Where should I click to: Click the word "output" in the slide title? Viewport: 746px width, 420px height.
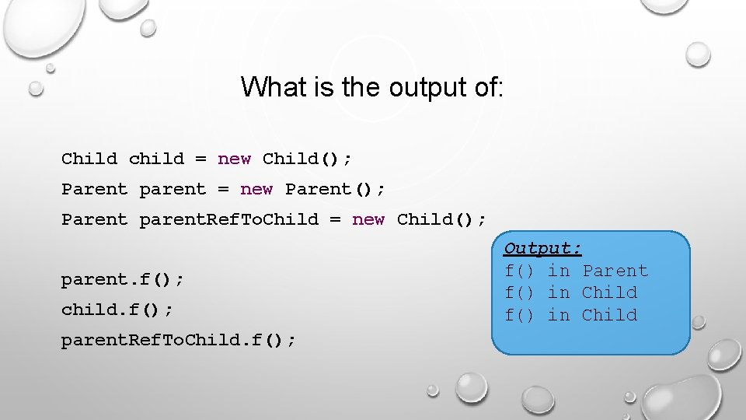419,86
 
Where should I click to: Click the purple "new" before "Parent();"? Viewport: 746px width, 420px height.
256,189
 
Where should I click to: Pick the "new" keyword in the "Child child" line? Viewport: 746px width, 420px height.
234,159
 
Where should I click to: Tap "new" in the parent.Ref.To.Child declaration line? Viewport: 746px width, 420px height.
368,219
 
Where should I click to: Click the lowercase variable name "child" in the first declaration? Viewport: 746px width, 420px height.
156,159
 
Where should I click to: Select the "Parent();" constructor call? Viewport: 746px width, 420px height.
335,189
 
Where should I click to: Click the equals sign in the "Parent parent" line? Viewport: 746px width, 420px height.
223,189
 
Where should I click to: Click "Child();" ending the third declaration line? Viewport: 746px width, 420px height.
441,219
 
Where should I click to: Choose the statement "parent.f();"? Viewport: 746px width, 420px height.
123,278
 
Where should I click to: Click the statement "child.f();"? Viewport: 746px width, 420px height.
117,310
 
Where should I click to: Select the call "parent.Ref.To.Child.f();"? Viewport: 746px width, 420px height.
178,340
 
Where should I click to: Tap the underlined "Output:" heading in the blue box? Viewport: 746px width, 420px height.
542,249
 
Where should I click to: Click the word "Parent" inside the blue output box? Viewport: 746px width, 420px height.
615,271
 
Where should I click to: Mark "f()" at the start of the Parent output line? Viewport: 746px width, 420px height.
520,271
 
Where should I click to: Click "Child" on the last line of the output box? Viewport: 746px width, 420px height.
609,315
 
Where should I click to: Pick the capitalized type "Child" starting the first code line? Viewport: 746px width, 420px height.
89,159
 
